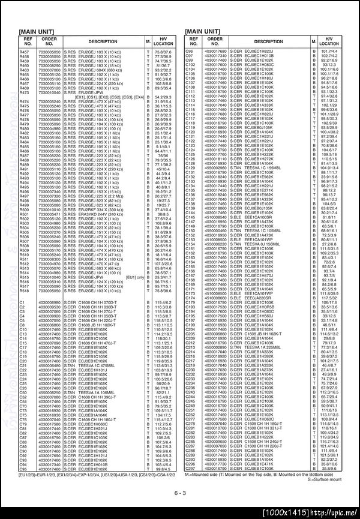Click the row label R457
[x=25, y=53]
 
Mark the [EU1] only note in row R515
[x=136, y=277]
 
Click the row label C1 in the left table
[x=22, y=302]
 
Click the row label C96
[x=189, y=53]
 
